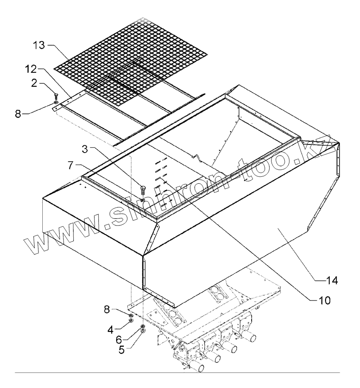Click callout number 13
click(x=40, y=45)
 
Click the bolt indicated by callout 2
click(x=56, y=96)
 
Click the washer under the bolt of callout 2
click(x=56, y=102)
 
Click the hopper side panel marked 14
click(x=276, y=241)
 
